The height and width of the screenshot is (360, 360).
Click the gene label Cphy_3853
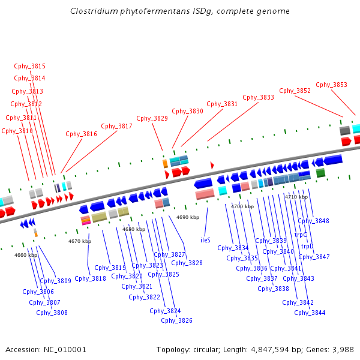[x=331, y=85]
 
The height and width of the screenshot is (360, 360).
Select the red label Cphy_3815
[x=29, y=66]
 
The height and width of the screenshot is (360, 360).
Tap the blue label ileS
[x=205, y=239]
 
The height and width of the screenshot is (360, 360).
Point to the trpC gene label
[x=301, y=235]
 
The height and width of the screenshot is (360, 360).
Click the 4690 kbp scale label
[x=187, y=217]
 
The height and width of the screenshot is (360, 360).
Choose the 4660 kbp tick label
[x=26, y=255]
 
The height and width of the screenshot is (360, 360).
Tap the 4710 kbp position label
[x=296, y=197]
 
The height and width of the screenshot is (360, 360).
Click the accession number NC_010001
[x=67, y=349]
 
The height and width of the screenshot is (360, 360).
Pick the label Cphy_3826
[x=176, y=320]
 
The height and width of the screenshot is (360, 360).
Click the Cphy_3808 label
[x=52, y=313]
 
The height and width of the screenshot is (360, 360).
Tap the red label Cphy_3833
[x=258, y=97]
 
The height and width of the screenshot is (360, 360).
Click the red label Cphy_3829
[x=152, y=118]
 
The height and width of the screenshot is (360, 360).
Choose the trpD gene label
[x=307, y=246]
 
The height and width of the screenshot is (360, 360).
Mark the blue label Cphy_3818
[x=90, y=278]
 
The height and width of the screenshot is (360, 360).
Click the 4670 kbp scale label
[x=80, y=241]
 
